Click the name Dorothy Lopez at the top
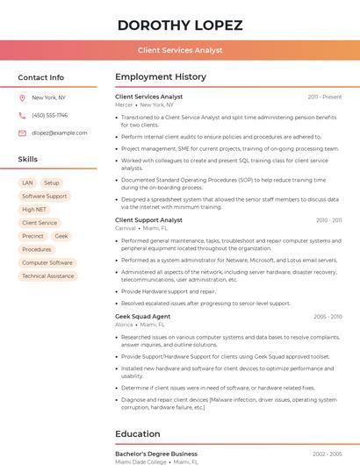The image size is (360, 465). [x=180, y=25]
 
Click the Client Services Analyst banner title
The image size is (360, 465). [x=180, y=51]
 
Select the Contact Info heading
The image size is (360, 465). [x=40, y=77]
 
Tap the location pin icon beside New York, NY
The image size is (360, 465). [x=22, y=98]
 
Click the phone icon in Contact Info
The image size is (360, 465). [x=22, y=115]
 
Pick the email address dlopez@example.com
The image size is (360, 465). [x=54, y=133]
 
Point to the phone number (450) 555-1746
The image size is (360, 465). [x=49, y=115]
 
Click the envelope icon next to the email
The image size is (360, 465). [x=22, y=133]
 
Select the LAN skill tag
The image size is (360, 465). [x=27, y=183]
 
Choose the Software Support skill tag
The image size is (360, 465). [x=45, y=197]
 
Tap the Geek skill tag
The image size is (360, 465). [x=61, y=236]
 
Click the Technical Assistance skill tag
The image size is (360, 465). [x=48, y=276]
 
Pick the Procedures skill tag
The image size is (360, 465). [x=37, y=249]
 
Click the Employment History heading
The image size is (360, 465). [x=161, y=77]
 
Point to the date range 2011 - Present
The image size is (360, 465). [x=325, y=97]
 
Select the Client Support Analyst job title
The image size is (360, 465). [x=148, y=220]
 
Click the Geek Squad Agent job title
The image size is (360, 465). [x=142, y=316]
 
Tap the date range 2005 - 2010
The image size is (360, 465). [x=327, y=316]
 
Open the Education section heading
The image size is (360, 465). [x=138, y=433]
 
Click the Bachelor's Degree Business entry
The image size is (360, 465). [x=156, y=454]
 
